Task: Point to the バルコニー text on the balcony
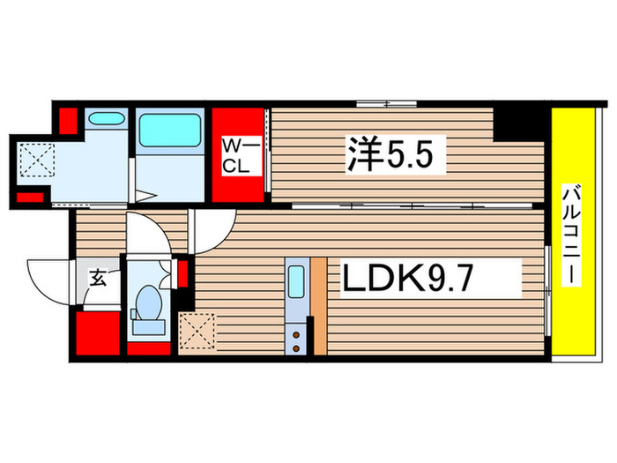[571, 233]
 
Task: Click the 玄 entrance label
[98, 280]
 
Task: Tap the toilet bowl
[146, 302]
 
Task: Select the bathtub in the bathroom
[171, 130]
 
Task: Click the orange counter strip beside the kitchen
[318, 305]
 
